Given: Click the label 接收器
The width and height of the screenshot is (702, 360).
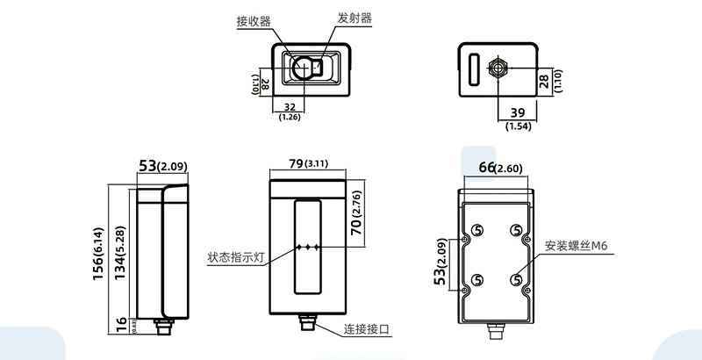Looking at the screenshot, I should point(253,21).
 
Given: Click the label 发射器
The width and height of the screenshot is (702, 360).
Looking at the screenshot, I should point(355,17).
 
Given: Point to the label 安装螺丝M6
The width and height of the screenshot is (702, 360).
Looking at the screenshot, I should point(576,247).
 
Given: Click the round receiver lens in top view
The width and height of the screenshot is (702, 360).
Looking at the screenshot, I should point(304,67).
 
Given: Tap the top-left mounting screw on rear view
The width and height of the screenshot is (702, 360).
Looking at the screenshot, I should point(478,229).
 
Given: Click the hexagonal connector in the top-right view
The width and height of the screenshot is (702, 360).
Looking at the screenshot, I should point(498,68).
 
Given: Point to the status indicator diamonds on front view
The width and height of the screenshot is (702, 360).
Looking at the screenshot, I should point(309,248).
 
